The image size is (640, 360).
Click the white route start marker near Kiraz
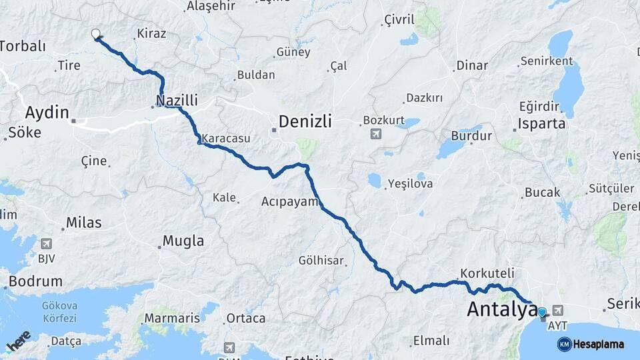click(95, 34)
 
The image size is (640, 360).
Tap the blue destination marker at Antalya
click(542, 312)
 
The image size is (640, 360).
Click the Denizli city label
click(305, 122)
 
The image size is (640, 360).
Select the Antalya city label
click(502, 309)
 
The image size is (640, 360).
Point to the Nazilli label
click(177, 101)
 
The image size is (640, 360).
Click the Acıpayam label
click(290, 201)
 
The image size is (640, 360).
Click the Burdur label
click(471, 136)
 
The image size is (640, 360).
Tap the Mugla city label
click(183, 241)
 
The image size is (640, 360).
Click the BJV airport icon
click(46, 244)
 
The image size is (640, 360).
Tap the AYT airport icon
click(557, 310)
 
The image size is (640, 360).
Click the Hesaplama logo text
click(598, 345)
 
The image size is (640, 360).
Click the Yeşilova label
click(410, 184)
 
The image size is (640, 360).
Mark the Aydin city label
click(47, 112)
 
